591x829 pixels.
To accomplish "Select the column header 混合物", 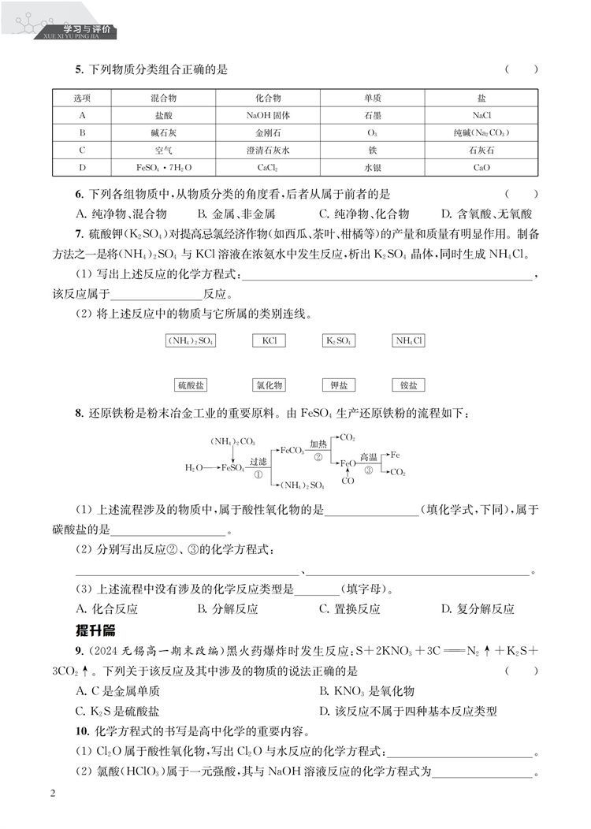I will pyautogui.click(x=163, y=97).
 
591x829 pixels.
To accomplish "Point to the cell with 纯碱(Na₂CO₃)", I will pyautogui.click(x=481, y=132).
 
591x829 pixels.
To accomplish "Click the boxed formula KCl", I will pyautogui.click(x=269, y=341).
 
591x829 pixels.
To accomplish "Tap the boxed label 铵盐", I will pyautogui.click(x=408, y=385).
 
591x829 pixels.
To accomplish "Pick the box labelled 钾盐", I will pyautogui.click(x=340, y=385).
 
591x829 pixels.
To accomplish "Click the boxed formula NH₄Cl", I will pyautogui.click(x=409, y=341).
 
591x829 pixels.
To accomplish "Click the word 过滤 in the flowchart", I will pyautogui.click(x=258, y=461).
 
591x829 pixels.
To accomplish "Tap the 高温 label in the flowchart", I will pyautogui.click(x=369, y=457).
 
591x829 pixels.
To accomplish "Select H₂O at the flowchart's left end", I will pyautogui.click(x=193, y=468).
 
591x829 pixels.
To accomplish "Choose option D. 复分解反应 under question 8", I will pyautogui.click(x=478, y=609).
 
